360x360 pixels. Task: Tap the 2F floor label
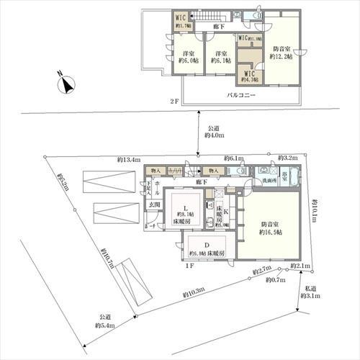coord(174,102)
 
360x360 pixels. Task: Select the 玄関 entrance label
coord(153,205)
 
